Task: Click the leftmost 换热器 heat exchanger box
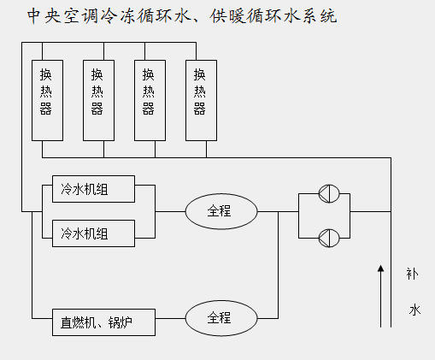(47, 100)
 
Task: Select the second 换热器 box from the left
(98, 100)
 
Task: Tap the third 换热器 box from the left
(150, 100)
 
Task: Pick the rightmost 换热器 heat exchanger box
(201, 100)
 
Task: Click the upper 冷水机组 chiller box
(93, 189)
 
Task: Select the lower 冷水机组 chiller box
(93, 233)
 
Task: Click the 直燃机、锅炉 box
(103, 322)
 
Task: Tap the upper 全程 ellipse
(221, 211)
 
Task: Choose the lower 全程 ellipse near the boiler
(221, 318)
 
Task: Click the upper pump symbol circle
(329, 193)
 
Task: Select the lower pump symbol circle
(329, 238)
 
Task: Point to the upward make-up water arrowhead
(380, 269)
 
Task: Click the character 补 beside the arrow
(412, 274)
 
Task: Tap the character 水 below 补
(414, 310)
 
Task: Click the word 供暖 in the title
(227, 16)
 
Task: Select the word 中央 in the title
(44, 16)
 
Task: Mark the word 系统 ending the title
(320, 16)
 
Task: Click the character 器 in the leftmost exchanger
(46, 109)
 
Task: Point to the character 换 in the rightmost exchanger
(200, 74)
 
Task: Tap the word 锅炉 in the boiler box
(121, 323)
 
